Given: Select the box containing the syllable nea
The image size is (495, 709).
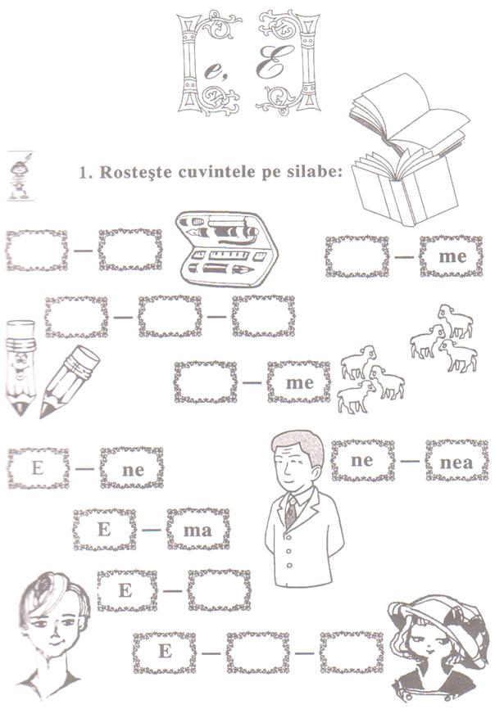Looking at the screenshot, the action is click(456, 460).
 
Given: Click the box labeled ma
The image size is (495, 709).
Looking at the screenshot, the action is click(198, 530).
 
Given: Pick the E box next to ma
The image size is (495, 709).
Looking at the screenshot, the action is click(105, 530).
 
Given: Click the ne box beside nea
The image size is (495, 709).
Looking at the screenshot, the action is click(362, 460).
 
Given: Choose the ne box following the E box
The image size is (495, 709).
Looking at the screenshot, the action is click(132, 468).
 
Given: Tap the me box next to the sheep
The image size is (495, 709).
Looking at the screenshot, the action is click(298, 382).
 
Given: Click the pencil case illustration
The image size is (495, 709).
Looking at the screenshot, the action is click(226, 248).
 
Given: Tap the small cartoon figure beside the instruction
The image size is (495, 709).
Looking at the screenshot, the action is click(20, 175).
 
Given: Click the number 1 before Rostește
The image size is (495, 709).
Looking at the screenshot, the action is click(82, 173).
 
